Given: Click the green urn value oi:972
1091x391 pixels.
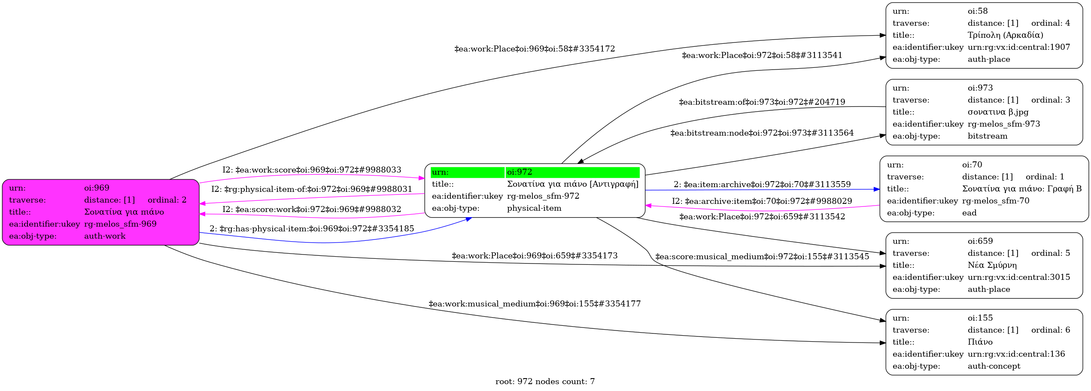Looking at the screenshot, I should click(x=520, y=172).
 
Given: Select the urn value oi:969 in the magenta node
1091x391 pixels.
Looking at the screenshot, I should click(x=97, y=188).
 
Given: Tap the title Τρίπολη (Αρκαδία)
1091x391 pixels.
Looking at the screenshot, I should click(x=1005, y=35).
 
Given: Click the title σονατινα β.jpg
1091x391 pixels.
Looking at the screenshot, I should click(x=998, y=112).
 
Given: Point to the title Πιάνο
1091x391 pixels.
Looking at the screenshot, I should click(x=980, y=342).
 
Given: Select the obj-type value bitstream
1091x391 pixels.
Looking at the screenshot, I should click(x=987, y=136).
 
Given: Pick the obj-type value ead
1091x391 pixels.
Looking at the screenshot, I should click(x=969, y=213).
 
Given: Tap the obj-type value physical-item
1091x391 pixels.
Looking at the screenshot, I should click(x=534, y=208).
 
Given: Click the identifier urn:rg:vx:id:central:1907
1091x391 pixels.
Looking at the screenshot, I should click(x=1018, y=47).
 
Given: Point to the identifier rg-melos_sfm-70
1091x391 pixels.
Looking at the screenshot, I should click(x=995, y=201).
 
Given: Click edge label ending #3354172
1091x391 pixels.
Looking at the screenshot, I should click(x=535, y=49).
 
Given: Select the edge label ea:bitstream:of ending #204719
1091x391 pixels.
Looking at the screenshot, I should click(x=762, y=102).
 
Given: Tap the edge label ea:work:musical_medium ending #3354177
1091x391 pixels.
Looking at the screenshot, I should click(x=535, y=304).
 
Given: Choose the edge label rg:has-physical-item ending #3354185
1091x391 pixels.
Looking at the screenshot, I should click(x=312, y=229).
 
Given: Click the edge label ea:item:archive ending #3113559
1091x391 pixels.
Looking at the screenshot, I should click(x=762, y=185).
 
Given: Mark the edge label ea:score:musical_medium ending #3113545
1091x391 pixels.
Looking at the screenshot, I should click(x=762, y=257).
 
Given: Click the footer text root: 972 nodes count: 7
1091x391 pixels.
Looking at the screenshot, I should click(x=545, y=382).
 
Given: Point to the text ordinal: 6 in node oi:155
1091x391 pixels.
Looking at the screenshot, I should click(x=1050, y=330).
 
